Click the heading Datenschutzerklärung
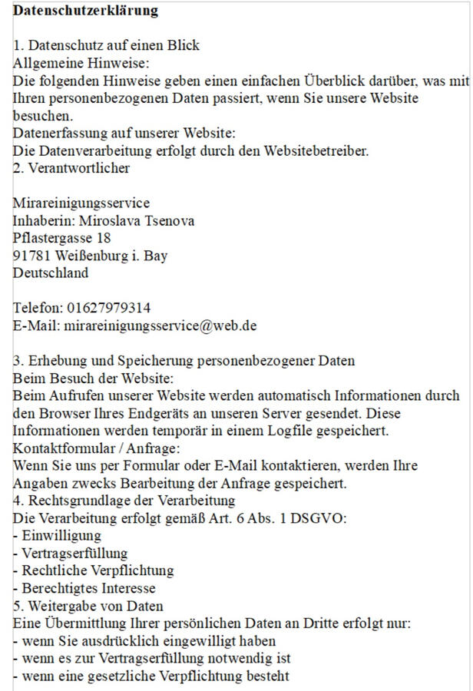point(85,11)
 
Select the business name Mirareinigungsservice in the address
point(81,203)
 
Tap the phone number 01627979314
point(109,308)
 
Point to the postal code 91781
point(31,255)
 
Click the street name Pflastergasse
point(52,238)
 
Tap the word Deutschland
point(51,273)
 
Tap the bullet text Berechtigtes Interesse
point(89,588)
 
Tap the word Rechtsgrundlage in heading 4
point(78,501)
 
